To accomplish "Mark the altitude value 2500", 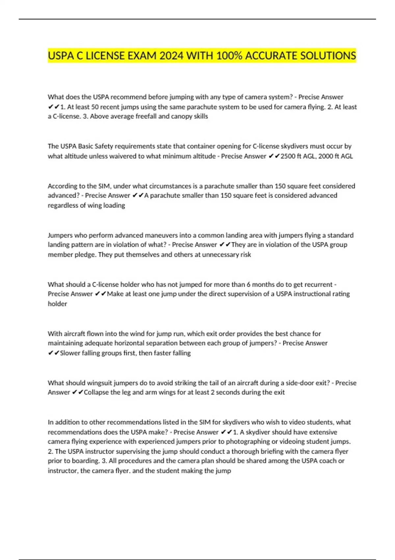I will [x=288, y=156].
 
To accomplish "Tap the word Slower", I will [x=70, y=353].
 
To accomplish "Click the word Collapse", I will [x=96, y=392].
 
